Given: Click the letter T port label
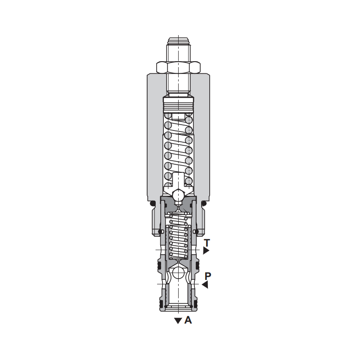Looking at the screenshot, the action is (x=207, y=243).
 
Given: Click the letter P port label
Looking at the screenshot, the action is (x=207, y=276).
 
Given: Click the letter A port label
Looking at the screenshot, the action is (x=188, y=320).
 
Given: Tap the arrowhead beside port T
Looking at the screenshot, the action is (x=206, y=251).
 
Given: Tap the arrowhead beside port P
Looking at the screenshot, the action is (x=205, y=285).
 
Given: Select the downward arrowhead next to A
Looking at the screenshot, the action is (x=178, y=321).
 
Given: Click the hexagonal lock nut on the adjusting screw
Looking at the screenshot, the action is (x=178, y=67).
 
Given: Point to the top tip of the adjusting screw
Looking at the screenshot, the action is (x=178, y=38).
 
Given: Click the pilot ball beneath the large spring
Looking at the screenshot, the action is (x=178, y=195).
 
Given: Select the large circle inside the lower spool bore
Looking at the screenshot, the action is (x=178, y=273).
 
